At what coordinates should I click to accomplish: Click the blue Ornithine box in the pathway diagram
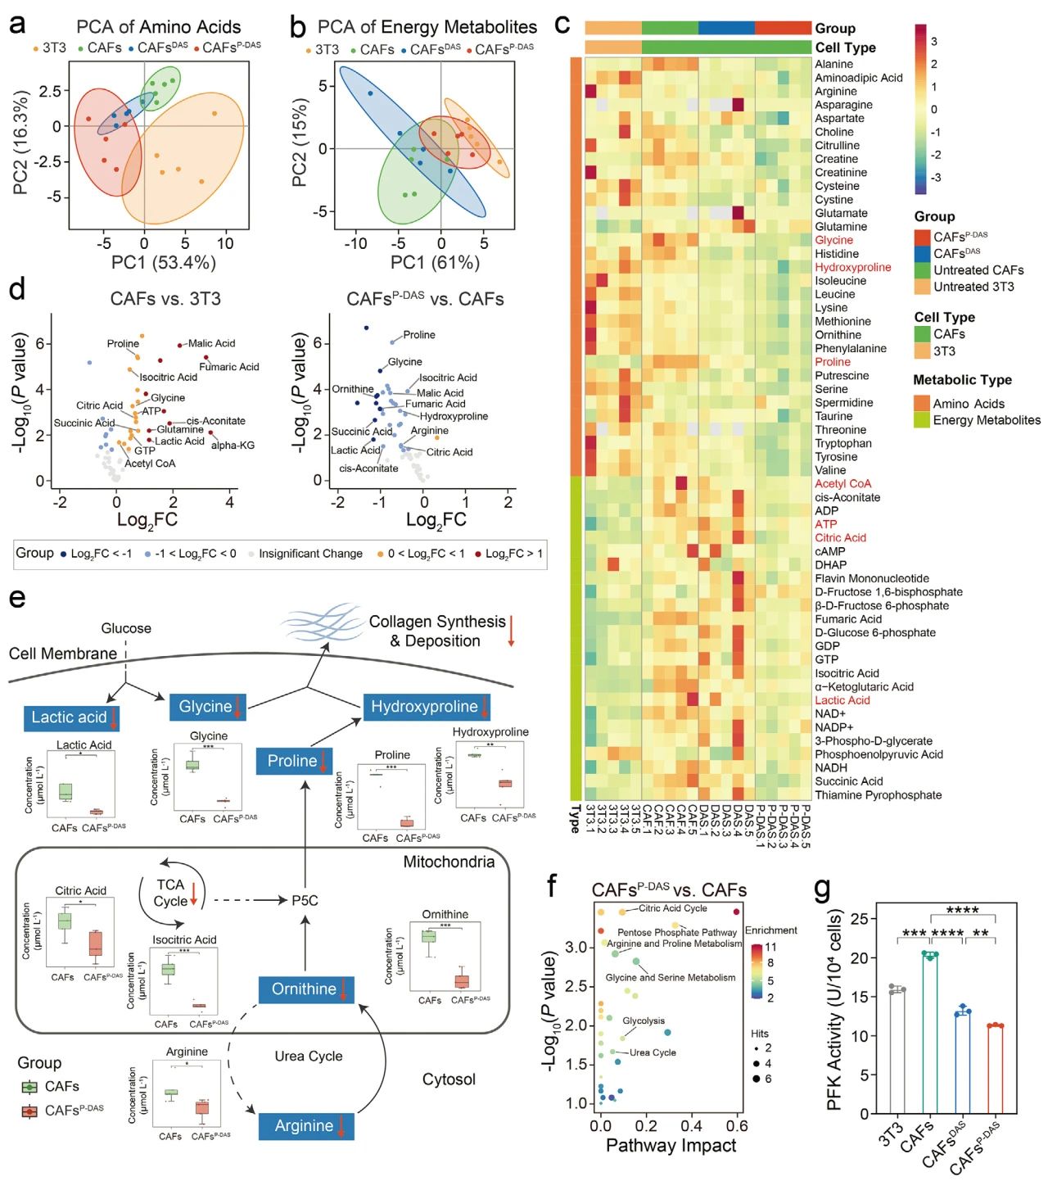click(305, 989)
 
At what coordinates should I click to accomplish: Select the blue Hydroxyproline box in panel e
click(425, 707)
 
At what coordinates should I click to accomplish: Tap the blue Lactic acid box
click(70, 717)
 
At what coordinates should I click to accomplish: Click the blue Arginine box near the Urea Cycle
click(305, 1126)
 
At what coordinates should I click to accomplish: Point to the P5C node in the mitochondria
click(305, 900)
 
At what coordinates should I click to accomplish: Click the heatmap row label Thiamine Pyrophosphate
click(878, 795)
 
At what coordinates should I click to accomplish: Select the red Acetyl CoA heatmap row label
click(842, 484)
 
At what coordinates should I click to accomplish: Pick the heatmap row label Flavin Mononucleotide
click(871, 578)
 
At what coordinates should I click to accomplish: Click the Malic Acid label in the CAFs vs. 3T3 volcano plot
click(211, 343)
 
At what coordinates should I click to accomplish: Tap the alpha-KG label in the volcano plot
click(233, 446)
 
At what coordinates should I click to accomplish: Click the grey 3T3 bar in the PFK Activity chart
click(897, 1052)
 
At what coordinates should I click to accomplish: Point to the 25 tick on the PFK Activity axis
click(858, 919)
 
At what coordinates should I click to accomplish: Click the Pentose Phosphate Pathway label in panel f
click(676, 932)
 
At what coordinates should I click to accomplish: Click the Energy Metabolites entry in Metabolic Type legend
click(986, 420)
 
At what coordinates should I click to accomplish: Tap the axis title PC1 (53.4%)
click(164, 263)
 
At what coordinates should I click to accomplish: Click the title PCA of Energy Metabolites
click(427, 27)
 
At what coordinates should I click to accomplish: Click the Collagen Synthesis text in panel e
click(437, 622)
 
